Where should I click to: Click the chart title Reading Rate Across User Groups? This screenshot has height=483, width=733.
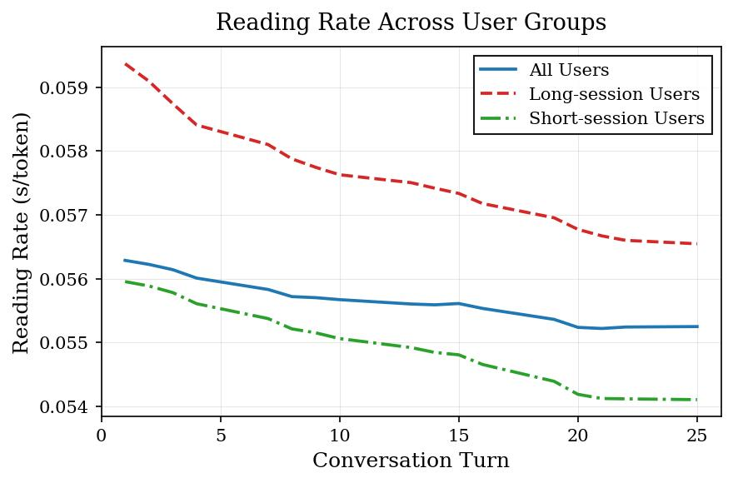click(x=411, y=22)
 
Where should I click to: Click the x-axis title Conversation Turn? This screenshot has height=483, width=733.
click(x=411, y=461)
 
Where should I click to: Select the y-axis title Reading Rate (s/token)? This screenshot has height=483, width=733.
click(x=22, y=232)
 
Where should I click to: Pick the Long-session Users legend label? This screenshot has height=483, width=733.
click(x=614, y=95)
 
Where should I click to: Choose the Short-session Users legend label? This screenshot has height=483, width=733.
click(x=616, y=119)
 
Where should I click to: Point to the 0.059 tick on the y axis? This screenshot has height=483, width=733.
click(x=67, y=87)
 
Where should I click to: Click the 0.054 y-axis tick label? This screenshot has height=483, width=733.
click(x=67, y=406)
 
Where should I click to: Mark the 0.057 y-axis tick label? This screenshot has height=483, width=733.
click(x=67, y=215)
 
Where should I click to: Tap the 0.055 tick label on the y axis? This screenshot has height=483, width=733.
click(x=67, y=343)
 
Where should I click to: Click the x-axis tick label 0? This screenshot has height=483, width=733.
click(x=102, y=435)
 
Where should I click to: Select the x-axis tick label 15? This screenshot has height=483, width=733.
click(x=458, y=435)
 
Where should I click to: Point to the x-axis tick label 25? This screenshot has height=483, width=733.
click(x=696, y=435)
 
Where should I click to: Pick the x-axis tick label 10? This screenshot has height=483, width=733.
click(x=339, y=435)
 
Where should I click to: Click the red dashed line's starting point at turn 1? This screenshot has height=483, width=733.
click(x=125, y=63)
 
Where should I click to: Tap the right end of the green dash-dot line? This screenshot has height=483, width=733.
click(x=696, y=400)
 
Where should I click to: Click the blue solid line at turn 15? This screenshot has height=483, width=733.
click(x=458, y=303)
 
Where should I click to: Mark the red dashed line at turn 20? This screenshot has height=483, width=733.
click(x=577, y=229)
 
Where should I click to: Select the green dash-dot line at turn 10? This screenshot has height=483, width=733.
click(x=339, y=339)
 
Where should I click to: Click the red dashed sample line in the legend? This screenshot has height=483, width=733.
click(x=498, y=95)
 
